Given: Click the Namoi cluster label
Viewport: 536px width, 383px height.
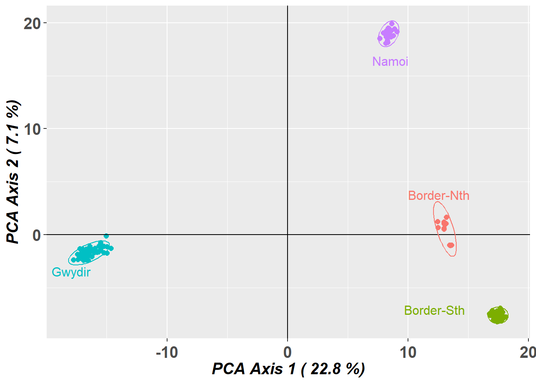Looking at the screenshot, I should [390, 61].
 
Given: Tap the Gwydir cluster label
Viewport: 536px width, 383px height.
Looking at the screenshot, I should [71, 272].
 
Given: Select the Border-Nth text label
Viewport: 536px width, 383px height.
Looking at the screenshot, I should [438, 195].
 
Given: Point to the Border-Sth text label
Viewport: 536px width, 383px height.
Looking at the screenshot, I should [434, 310].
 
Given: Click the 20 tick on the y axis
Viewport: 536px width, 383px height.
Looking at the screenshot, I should [32, 24].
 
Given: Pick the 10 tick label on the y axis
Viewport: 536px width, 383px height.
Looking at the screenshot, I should [32, 129].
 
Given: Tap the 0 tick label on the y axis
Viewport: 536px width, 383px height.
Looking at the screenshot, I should [37, 235].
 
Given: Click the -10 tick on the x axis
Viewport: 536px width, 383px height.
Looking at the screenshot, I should [167, 352].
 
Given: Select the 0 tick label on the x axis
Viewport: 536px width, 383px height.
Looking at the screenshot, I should [287, 352].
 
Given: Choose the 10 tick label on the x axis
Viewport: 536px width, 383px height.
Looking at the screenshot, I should [408, 352].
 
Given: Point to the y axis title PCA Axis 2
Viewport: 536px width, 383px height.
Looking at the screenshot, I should [13, 172].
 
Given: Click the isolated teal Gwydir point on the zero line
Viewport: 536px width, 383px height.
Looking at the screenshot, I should [106, 236].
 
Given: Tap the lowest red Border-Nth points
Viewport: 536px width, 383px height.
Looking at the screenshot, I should [451, 245].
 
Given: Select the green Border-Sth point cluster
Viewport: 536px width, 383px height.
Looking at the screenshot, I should [498, 315].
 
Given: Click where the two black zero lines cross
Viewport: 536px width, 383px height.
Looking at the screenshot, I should [288, 235].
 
